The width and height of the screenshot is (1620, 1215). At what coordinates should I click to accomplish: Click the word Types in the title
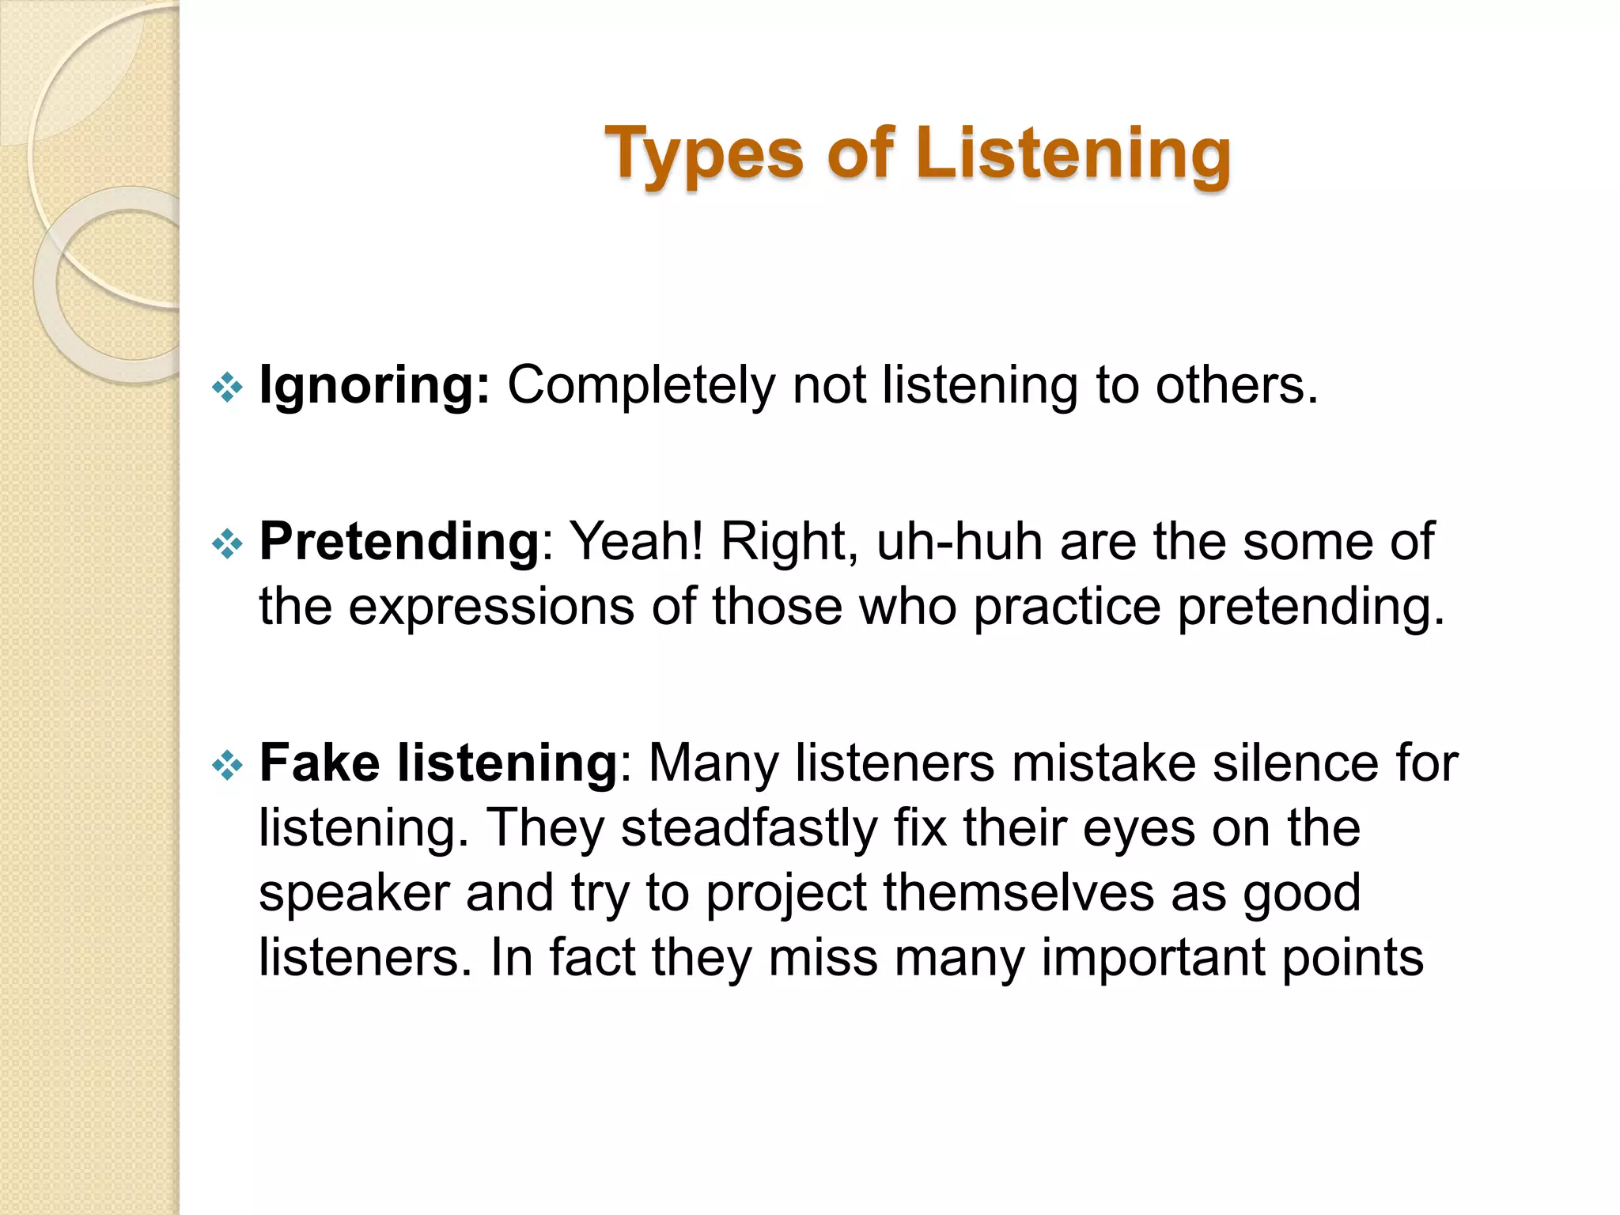point(704,153)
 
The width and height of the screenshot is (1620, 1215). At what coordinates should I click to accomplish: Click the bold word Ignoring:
point(374,386)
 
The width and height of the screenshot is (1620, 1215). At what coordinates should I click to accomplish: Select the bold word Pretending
point(399,542)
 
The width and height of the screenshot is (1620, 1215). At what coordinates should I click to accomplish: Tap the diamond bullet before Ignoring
point(227,388)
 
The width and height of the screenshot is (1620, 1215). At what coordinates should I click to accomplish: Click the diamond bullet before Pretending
point(227,544)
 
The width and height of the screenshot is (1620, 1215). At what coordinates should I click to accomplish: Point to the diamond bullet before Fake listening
point(227,765)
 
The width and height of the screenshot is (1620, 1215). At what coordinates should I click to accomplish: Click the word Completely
point(642,386)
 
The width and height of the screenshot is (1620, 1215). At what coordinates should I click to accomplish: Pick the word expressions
point(491,607)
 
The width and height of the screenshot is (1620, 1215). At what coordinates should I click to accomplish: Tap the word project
point(785,893)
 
